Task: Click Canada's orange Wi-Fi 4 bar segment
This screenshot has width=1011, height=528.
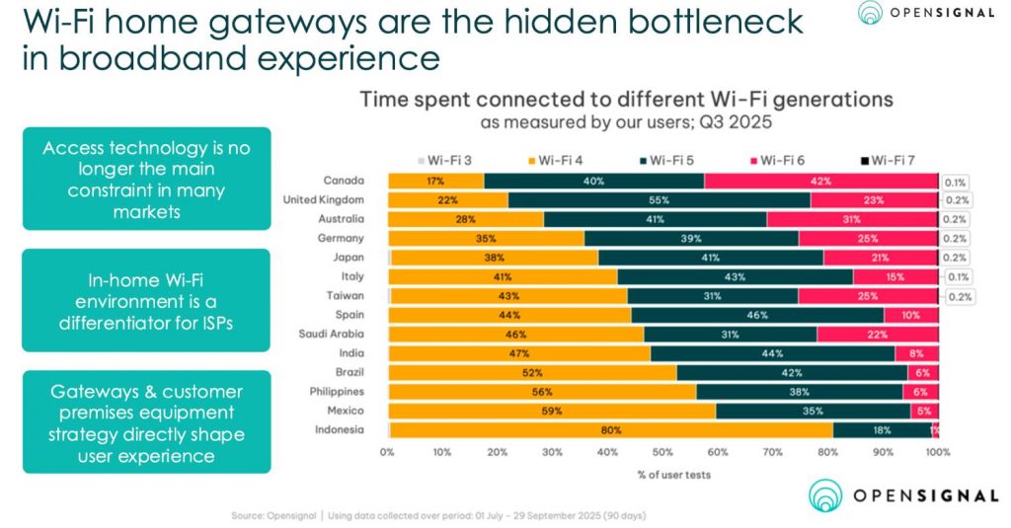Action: point(435,182)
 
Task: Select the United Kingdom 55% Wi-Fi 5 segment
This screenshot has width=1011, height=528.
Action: point(660,200)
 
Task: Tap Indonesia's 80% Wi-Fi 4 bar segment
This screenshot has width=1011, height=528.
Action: point(611,429)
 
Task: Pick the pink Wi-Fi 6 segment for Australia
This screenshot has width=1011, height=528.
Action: point(851,219)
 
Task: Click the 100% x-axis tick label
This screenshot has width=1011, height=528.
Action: point(937,452)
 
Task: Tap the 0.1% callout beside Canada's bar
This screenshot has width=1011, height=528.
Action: point(955,182)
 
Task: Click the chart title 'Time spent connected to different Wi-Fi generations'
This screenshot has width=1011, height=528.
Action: point(626,100)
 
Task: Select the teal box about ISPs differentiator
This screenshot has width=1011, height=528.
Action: point(145,299)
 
